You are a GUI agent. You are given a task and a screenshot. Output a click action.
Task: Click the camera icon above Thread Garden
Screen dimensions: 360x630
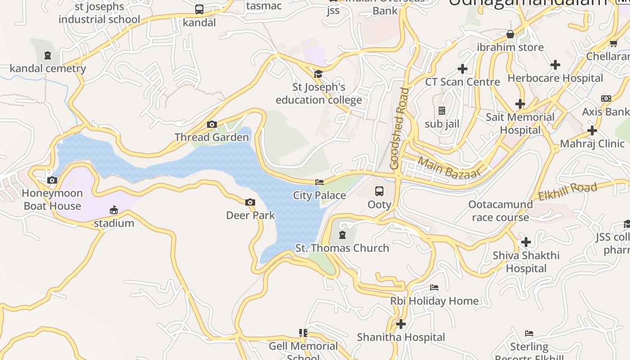point(211,124)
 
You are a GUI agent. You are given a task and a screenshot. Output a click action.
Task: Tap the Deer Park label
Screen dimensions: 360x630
point(250,215)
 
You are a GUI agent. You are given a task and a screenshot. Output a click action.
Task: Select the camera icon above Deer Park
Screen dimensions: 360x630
point(250,202)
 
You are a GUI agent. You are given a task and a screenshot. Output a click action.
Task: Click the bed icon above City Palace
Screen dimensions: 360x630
point(319,182)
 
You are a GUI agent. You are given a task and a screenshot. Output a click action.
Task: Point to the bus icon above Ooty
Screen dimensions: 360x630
point(379,191)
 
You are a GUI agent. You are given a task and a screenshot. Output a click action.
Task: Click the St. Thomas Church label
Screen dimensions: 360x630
point(342,248)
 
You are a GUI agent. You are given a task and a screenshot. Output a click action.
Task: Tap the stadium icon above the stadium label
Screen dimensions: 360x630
point(114,210)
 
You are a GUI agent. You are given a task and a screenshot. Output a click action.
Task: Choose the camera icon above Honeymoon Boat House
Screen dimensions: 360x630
point(52,180)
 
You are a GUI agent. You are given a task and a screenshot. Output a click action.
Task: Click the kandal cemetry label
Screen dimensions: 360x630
point(48,68)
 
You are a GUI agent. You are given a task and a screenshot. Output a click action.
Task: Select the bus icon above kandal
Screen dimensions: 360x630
point(199,9)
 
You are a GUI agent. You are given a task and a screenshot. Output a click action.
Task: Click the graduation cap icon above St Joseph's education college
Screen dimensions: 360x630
point(319,74)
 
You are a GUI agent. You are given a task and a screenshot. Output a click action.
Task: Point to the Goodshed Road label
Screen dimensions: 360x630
point(400,128)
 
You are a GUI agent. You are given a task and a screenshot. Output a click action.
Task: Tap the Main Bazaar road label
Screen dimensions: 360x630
point(449,167)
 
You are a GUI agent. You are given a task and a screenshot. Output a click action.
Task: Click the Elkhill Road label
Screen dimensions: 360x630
point(567,191)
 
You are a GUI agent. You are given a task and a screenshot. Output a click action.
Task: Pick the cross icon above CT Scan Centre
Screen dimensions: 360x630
point(462,69)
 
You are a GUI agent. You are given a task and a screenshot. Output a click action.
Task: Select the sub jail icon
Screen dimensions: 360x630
point(442,111)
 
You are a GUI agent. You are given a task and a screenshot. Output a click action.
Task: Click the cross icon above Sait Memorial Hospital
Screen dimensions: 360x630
point(520,104)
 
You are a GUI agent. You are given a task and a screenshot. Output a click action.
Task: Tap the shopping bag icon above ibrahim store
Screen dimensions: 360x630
point(510,34)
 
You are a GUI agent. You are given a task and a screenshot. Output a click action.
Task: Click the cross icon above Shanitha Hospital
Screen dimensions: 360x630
point(401,324)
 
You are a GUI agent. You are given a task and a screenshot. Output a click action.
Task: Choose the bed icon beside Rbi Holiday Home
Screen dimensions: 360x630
point(434,287)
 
